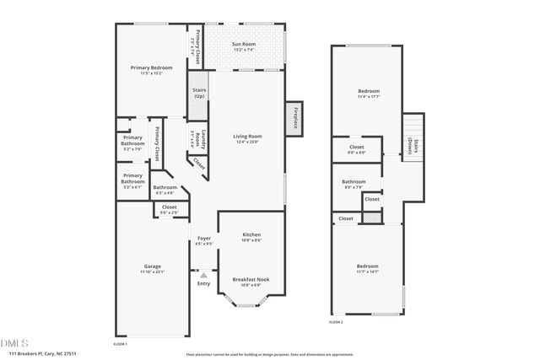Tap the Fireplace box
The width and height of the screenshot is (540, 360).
pyautogui.click(x=297, y=117)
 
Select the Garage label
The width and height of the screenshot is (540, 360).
pyautogui.click(x=152, y=266)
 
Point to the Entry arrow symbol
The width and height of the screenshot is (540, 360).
pyautogui.click(x=203, y=275)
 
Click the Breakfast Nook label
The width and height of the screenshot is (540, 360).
pyautogui.click(x=251, y=279)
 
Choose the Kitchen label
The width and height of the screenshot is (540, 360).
pyautogui.click(x=251, y=234)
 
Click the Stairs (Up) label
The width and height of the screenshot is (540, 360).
pyautogui.click(x=199, y=93)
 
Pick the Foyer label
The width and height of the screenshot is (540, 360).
pyautogui.click(x=203, y=238)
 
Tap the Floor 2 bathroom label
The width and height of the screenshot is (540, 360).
pyautogui.click(x=354, y=181)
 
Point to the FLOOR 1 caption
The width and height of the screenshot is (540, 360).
pyautogui.click(x=121, y=343)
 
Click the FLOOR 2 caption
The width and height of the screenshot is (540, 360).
pyautogui.click(x=335, y=321)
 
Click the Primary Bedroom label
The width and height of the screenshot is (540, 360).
pyautogui.click(x=152, y=67)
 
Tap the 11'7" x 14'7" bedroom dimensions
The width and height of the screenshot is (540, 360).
pyautogui.click(x=368, y=271)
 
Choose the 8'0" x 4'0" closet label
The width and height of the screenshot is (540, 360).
pyautogui.click(x=357, y=153)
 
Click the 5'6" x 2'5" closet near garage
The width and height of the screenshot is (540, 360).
pyautogui.click(x=169, y=212)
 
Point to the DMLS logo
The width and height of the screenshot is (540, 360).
pyautogui.click(x=14, y=343)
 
